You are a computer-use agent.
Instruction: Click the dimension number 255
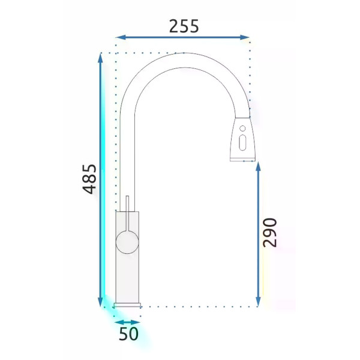click(184, 26)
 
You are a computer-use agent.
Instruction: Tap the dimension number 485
click(89, 179)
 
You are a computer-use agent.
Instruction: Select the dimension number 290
click(270, 233)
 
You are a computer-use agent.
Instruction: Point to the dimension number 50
click(128, 334)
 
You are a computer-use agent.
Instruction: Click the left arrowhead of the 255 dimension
click(121, 37)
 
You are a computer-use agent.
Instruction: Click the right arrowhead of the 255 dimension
click(244, 37)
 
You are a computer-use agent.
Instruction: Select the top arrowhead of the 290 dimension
click(258, 166)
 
